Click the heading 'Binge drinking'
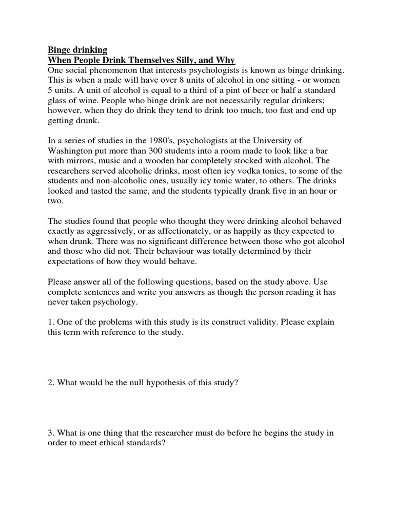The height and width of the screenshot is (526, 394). click(77, 50)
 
